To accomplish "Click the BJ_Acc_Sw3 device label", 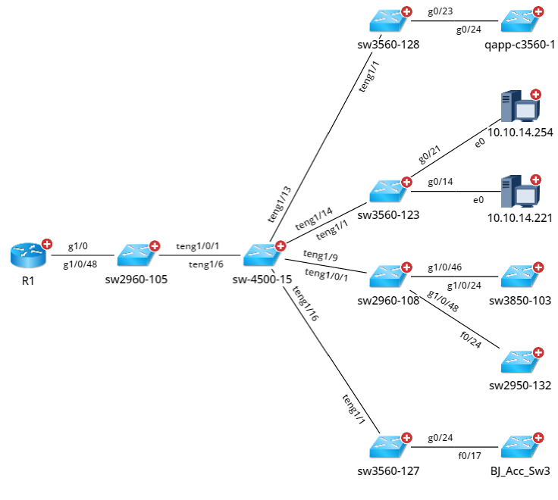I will tap(520, 470).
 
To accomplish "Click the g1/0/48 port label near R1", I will tap(81, 264).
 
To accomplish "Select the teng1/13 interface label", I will tap(279, 204).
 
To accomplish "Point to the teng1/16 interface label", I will tap(306, 305).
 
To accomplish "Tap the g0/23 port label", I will tap(439, 11).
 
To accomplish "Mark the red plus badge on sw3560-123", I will tap(406, 182).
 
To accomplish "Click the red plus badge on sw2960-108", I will tap(406, 267).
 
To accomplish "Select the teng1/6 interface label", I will tap(205, 264).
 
